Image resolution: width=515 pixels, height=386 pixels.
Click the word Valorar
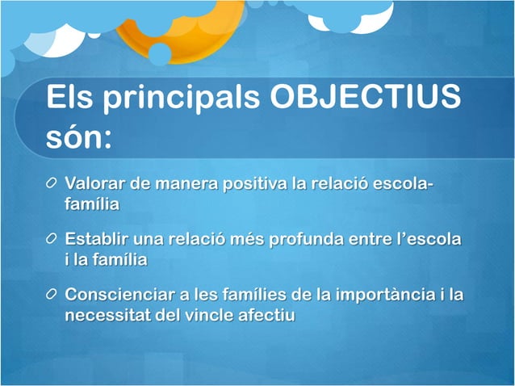[x=96, y=183]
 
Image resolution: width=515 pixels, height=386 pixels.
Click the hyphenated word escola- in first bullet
[x=404, y=183]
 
